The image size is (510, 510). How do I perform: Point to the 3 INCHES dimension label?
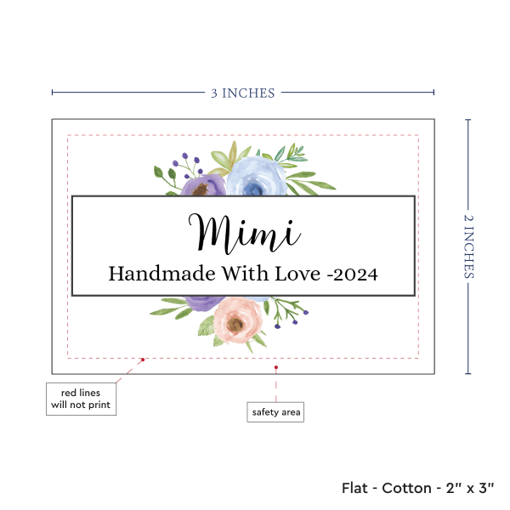pyautogui.click(x=243, y=93)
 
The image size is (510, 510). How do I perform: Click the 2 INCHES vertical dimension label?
pyautogui.click(x=469, y=246)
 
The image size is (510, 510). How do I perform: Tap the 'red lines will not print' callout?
pyautogui.click(x=81, y=398)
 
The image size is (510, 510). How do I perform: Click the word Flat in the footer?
pyautogui.click(x=355, y=488)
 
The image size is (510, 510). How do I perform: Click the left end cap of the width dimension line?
pyautogui.click(x=52, y=93)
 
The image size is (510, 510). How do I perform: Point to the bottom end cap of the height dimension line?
pyautogui.click(x=469, y=373)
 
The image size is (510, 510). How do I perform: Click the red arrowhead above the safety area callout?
pyautogui.click(x=276, y=366)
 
